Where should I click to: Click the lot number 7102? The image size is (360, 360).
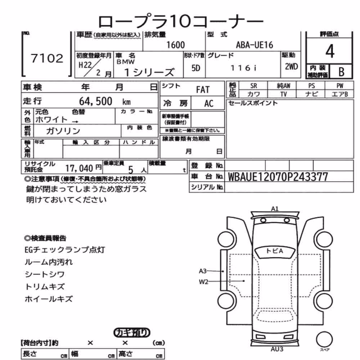pyautogui.click(x=47, y=58)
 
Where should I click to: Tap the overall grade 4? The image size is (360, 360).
pyautogui.click(x=330, y=51)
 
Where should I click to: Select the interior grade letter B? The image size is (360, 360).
pyautogui.click(x=341, y=72)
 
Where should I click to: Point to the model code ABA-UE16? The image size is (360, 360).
pyautogui.click(x=255, y=45)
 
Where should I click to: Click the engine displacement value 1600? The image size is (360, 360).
pyautogui.click(x=175, y=45)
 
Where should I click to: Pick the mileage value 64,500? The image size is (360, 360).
pyautogui.click(x=95, y=101)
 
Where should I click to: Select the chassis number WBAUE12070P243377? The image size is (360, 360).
pyautogui.click(x=278, y=177)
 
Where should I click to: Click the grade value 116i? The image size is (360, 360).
pyautogui.click(x=244, y=68)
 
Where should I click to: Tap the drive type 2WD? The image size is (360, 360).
pyautogui.click(x=291, y=67)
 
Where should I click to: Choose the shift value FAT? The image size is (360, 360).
pyautogui.click(x=203, y=90)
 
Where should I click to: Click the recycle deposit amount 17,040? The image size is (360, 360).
pyautogui.click(x=79, y=168)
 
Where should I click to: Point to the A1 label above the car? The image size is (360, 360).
pyautogui.click(x=275, y=209)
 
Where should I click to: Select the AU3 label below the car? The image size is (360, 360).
pyautogui.click(x=277, y=349)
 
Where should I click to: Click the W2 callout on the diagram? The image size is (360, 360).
pyautogui.click(x=203, y=282)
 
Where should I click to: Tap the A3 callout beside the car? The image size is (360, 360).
pyautogui.click(x=203, y=271)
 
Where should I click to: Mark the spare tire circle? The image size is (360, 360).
pyautogui.click(x=324, y=339)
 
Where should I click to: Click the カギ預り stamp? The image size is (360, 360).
pyautogui.click(x=132, y=333)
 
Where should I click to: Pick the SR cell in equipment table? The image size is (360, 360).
pyautogui.click(x=253, y=86)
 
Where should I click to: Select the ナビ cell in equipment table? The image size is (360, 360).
pyautogui.click(x=311, y=94)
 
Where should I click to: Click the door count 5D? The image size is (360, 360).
pyautogui.click(x=195, y=68)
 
